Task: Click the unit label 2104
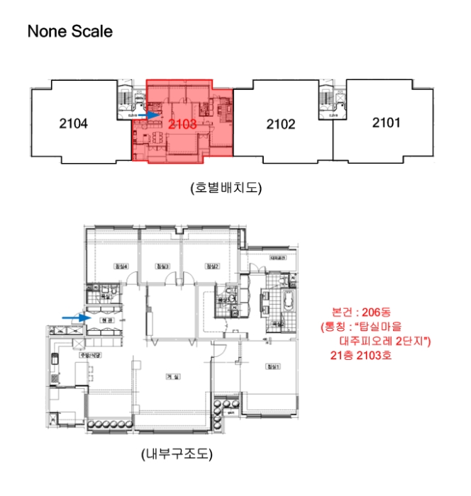click(73, 124)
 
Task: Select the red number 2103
click(183, 123)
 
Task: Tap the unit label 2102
click(280, 125)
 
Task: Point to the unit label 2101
click(386, 123)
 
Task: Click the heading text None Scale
click(70, 32)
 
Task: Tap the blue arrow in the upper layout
click(148, 113)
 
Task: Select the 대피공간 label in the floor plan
click(277, 257)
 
